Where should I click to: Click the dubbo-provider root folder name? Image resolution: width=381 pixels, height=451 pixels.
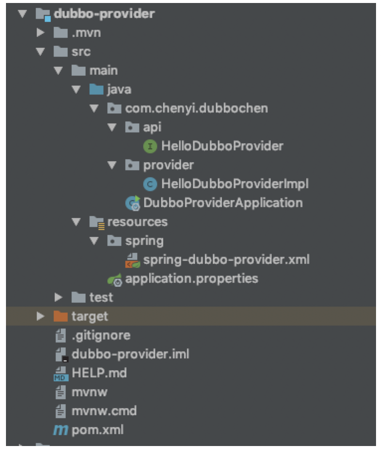(x=103, y=14)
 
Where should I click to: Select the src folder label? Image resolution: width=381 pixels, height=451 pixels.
(x=81, y=52)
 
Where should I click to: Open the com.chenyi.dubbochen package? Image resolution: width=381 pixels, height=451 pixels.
(x=196, y=108)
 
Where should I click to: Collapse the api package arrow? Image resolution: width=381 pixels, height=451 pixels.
(x=112, y=127)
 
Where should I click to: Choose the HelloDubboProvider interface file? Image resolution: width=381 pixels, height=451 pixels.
(x=222, y=146)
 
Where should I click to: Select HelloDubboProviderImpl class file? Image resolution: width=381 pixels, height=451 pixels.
(x=234, y=184)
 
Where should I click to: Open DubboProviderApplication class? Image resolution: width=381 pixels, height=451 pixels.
(x=223, y=203)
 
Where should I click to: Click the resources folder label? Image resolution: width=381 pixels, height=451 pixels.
(x=137, y=221)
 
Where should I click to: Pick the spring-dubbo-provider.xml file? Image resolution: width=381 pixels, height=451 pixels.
(x=226, y=259)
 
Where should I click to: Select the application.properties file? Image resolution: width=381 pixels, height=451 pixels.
(x=192, y=278)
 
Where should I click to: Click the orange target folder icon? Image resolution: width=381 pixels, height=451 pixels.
(x=60, y=316)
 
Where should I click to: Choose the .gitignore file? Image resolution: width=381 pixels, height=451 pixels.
(x=101, y=336)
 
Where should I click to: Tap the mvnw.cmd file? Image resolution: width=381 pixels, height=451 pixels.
(x=104, y=411)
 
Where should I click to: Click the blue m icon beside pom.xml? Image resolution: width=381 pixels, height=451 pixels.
(x=60, y=430)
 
